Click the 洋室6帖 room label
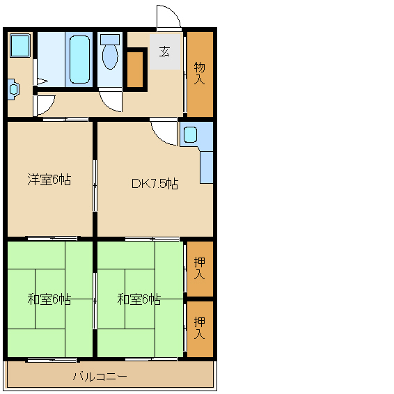tap(49, 180)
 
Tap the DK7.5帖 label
tap(155, 184)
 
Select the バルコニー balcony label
tap(100, 376)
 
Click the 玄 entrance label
tap(164, 52)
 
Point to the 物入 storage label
tap(199, 73)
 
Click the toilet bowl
tap(110, 57)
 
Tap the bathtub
tap(79, 60)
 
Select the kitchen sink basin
tap(190, 134)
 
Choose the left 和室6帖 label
tap(49, 299)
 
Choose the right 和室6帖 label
tap(139, 299)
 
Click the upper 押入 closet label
tap(199, 269)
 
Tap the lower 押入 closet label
tap(199, 328)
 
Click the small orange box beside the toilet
tap(135, 69)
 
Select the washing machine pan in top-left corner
tap(20, 46)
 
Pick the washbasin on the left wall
tap(13, 90)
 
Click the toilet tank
tap(110, 40)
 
